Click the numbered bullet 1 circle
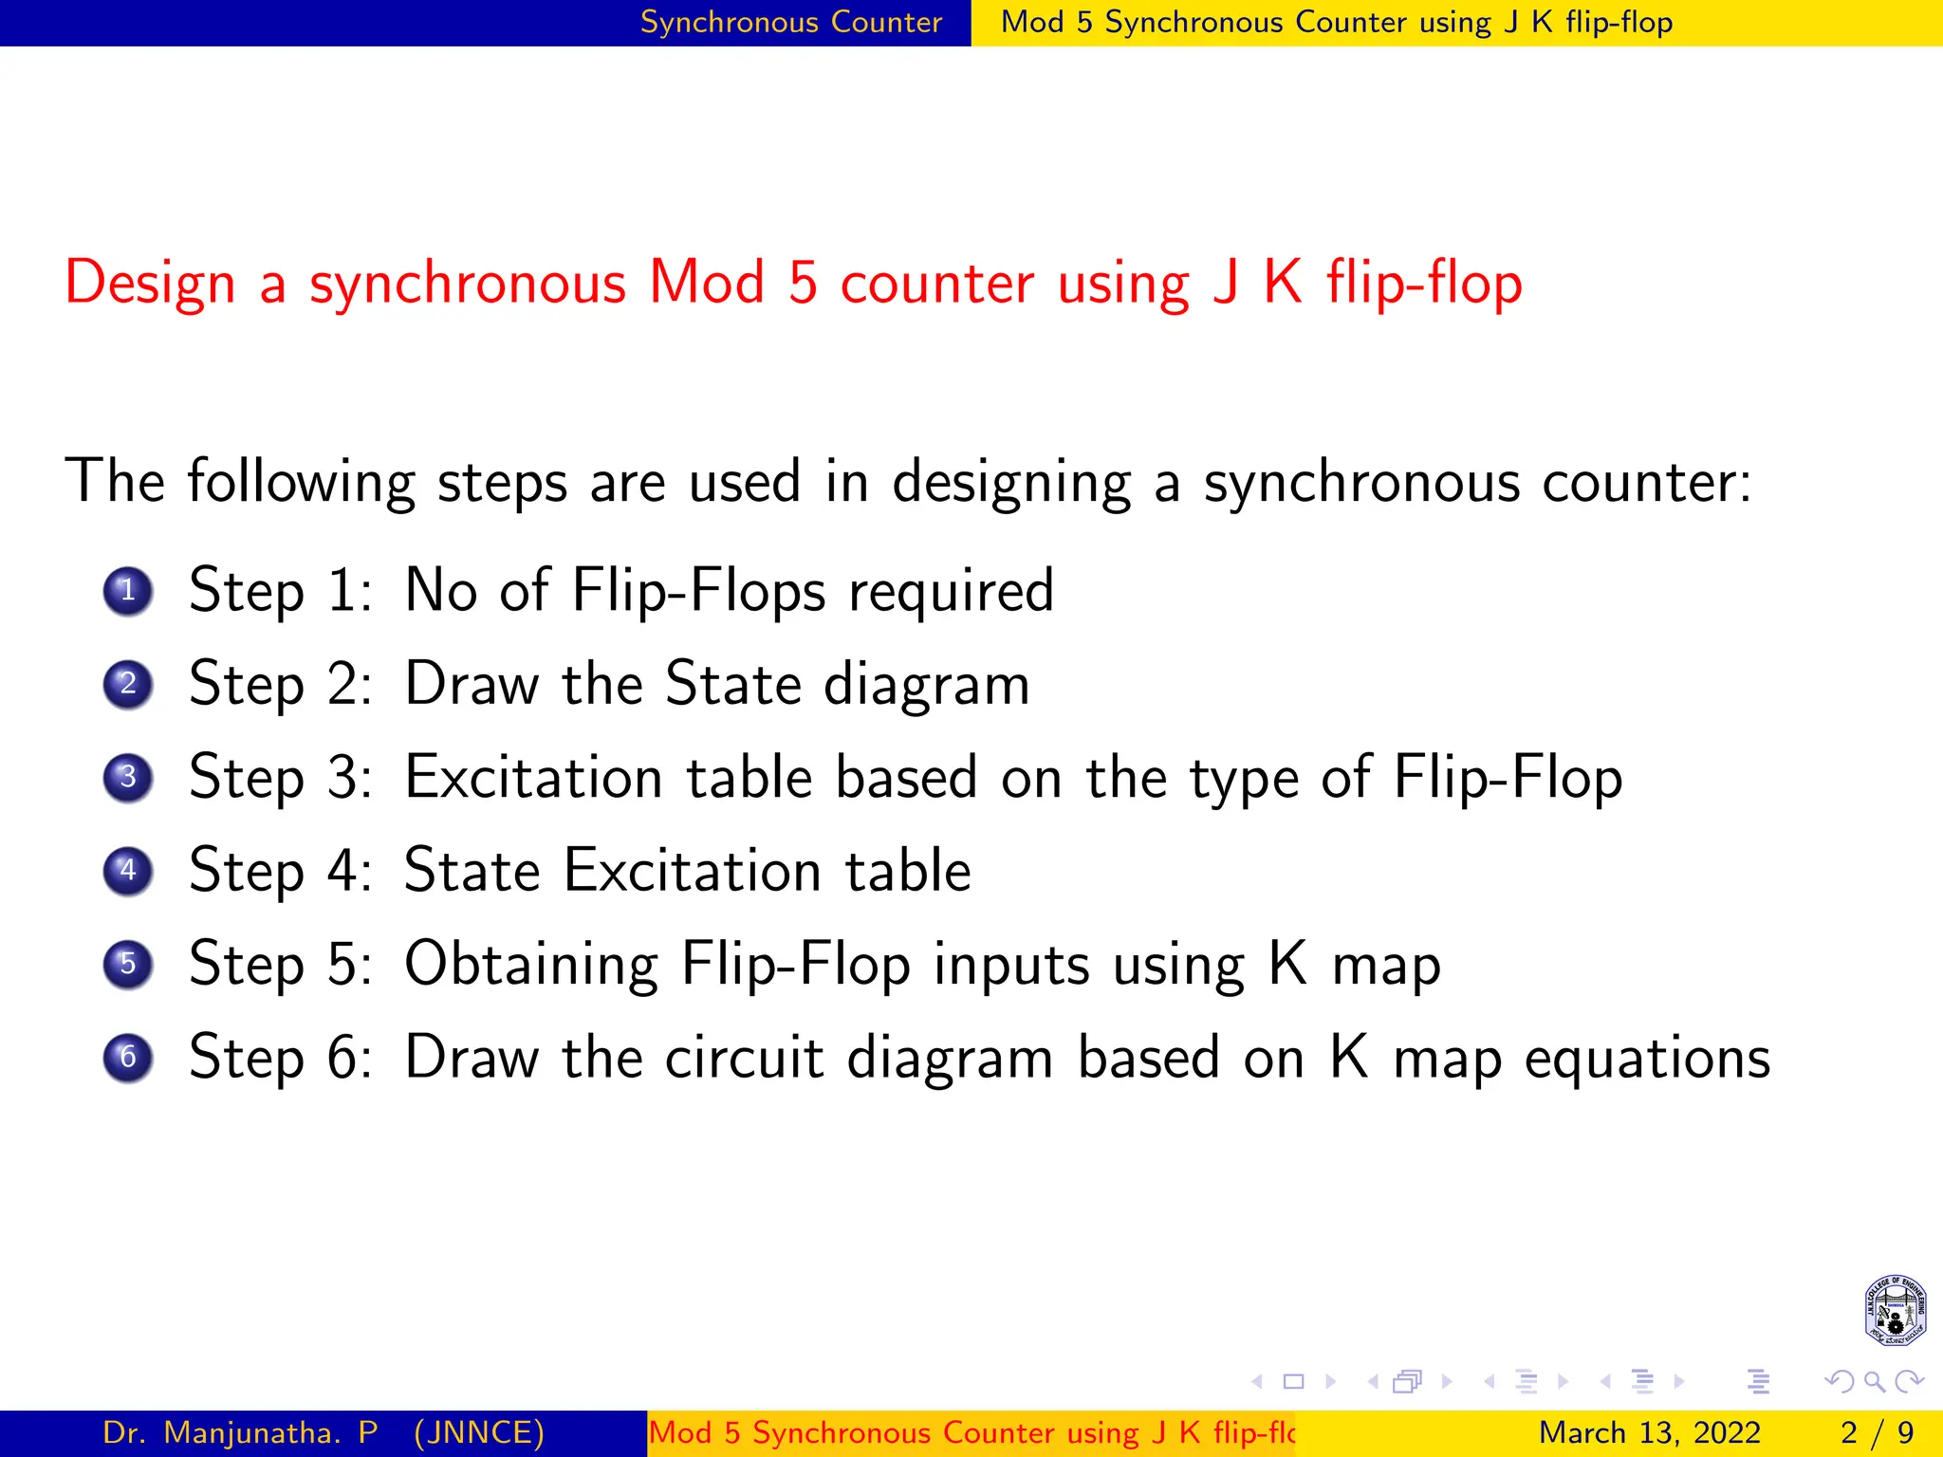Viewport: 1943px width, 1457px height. tap(128, 591)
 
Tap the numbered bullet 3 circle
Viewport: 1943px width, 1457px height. tap(128, 778)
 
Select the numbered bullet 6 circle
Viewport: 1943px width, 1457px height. tap(128, 1058)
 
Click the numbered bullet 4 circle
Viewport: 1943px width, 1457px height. tap(128, 871)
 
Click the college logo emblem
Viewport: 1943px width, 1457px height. tap(1895, 1310)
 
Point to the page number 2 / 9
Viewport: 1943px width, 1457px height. tap(1877, 1432)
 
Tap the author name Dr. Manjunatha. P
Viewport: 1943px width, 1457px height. tap(240, 1432)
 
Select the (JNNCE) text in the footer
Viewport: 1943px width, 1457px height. tap(479, 1432)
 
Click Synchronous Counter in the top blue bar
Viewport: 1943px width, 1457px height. tap(791, 22)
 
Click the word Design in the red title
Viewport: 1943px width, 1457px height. tap(150, 284)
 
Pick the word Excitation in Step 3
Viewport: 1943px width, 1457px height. tap(533, 778)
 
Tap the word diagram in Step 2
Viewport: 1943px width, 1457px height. tap(926, 685)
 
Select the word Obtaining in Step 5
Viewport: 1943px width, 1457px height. tap(531, 965)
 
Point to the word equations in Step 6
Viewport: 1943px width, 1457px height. tap(1647, 1060)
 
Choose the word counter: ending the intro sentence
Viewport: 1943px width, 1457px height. tap(1646, 483)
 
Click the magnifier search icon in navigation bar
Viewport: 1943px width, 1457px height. tap(1874, 1382)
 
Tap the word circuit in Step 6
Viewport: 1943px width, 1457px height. tap(744, 1058)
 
